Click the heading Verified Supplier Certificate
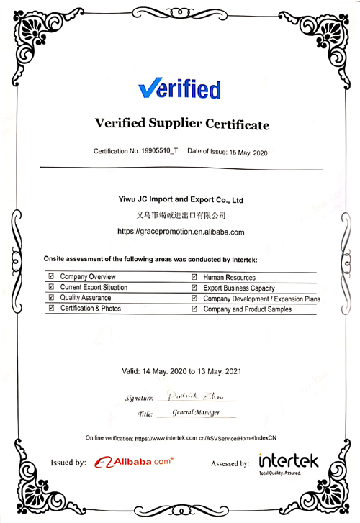(182, 124)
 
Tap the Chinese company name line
(181, 214)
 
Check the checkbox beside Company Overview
(50, 276)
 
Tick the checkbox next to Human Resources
(194, 277)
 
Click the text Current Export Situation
(94, 287)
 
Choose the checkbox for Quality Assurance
(50, 298)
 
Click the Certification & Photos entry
(91, 308)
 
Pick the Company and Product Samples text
(248, 309)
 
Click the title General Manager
(197, 414)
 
